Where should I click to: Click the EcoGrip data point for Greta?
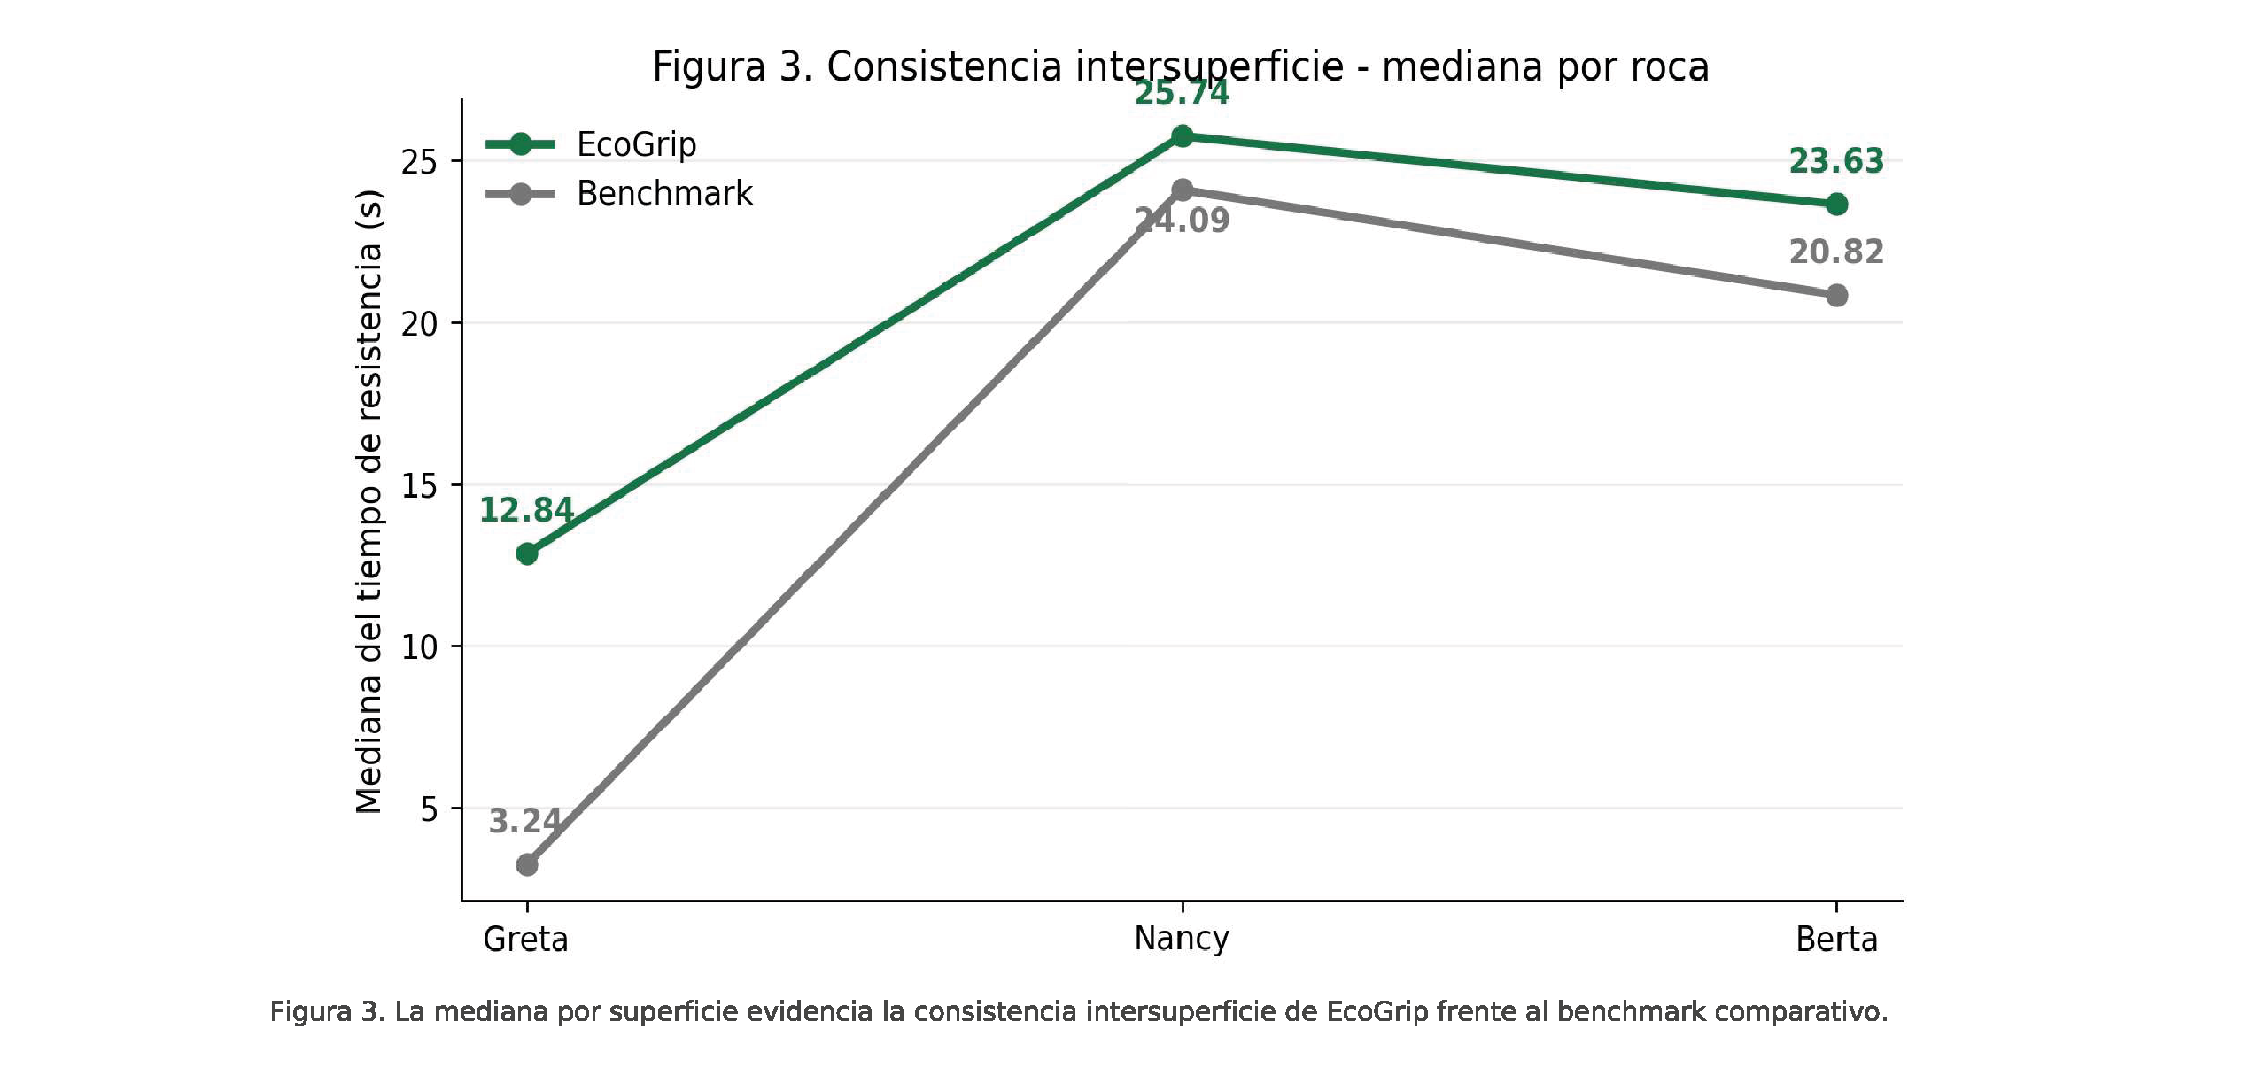(527, 554)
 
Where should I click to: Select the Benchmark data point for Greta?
(527, 864)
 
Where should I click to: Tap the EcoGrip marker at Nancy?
(1182, 136)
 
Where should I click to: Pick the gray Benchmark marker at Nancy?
(1182, 190)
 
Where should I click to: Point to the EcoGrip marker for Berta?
(1836, 205)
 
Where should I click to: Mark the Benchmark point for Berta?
(1836, 295)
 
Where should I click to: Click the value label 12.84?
(526, 510)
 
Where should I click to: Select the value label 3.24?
(524, 821)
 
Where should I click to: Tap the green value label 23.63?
(1836, 161)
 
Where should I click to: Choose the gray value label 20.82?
(1836, 252)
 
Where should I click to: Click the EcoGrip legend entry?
(592, 143)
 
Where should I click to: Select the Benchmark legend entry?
(619, 193)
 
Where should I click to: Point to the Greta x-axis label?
(525, 939)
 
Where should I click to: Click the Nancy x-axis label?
(1182, 939)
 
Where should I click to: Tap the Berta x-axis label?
(1836, 939)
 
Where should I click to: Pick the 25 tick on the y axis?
(420, 162)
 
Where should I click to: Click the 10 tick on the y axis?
(420, 647)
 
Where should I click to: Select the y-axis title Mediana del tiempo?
(369, 501)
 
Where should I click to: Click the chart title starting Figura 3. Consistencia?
(1181, 67)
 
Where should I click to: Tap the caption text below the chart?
(1079, 1011)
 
